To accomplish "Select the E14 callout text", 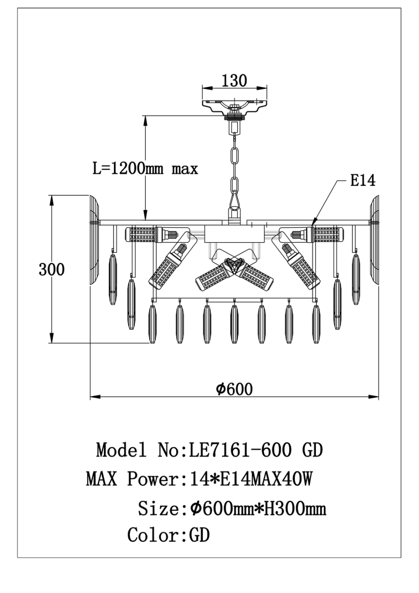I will [x=363, y=181].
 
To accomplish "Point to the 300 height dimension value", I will [x=51, y=270].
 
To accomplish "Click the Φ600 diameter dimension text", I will [x=234, y=389].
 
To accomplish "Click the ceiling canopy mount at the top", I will [x=234, y=104].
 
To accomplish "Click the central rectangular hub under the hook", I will [x=234, y=234].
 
